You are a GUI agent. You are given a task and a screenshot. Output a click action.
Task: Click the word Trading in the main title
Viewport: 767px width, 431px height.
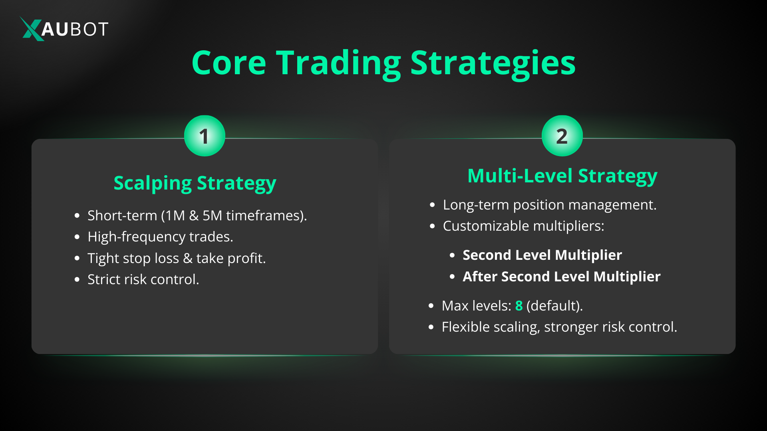click(x=339, y=64)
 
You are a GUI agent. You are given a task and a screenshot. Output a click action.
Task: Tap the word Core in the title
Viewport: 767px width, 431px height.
click(x=229, y=63)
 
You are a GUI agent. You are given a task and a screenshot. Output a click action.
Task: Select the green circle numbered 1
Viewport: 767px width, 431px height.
click(x=205, y=136)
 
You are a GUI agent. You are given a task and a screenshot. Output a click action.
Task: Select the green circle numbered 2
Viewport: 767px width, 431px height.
click(x=562, y=136)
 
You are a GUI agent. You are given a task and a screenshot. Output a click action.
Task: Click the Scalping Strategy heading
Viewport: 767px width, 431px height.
click(x=195, y=184)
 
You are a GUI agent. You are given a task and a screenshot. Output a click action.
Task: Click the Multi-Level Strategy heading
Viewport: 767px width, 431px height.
click(x=562, y=176)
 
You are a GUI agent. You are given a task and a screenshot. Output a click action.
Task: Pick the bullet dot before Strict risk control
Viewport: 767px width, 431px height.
click(x=77, y=279)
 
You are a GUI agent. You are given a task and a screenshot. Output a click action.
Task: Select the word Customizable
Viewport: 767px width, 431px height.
click(x=486, y=226)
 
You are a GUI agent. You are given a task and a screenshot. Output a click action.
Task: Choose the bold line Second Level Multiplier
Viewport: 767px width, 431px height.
click(x=542, y=255)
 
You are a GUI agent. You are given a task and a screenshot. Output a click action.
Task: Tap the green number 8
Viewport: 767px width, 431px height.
click(x=519, y=306)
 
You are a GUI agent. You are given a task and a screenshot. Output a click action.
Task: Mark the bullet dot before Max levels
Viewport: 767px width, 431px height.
click(x=431, y=306)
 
